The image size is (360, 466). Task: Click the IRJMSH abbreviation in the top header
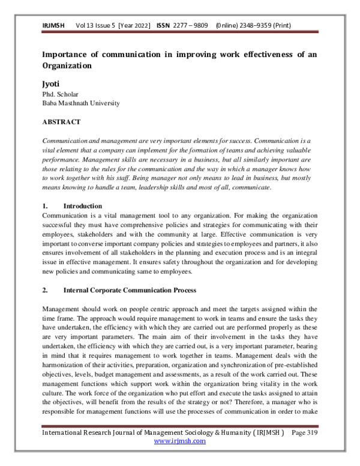[53, 26]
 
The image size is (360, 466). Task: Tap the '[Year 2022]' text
[136, 26]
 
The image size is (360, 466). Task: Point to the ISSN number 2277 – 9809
[194, 26]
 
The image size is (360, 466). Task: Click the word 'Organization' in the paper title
[67, 66]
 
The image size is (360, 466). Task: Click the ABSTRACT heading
[61, 122]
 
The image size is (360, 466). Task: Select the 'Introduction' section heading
[82, 206]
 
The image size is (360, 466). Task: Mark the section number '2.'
[45, 290]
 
